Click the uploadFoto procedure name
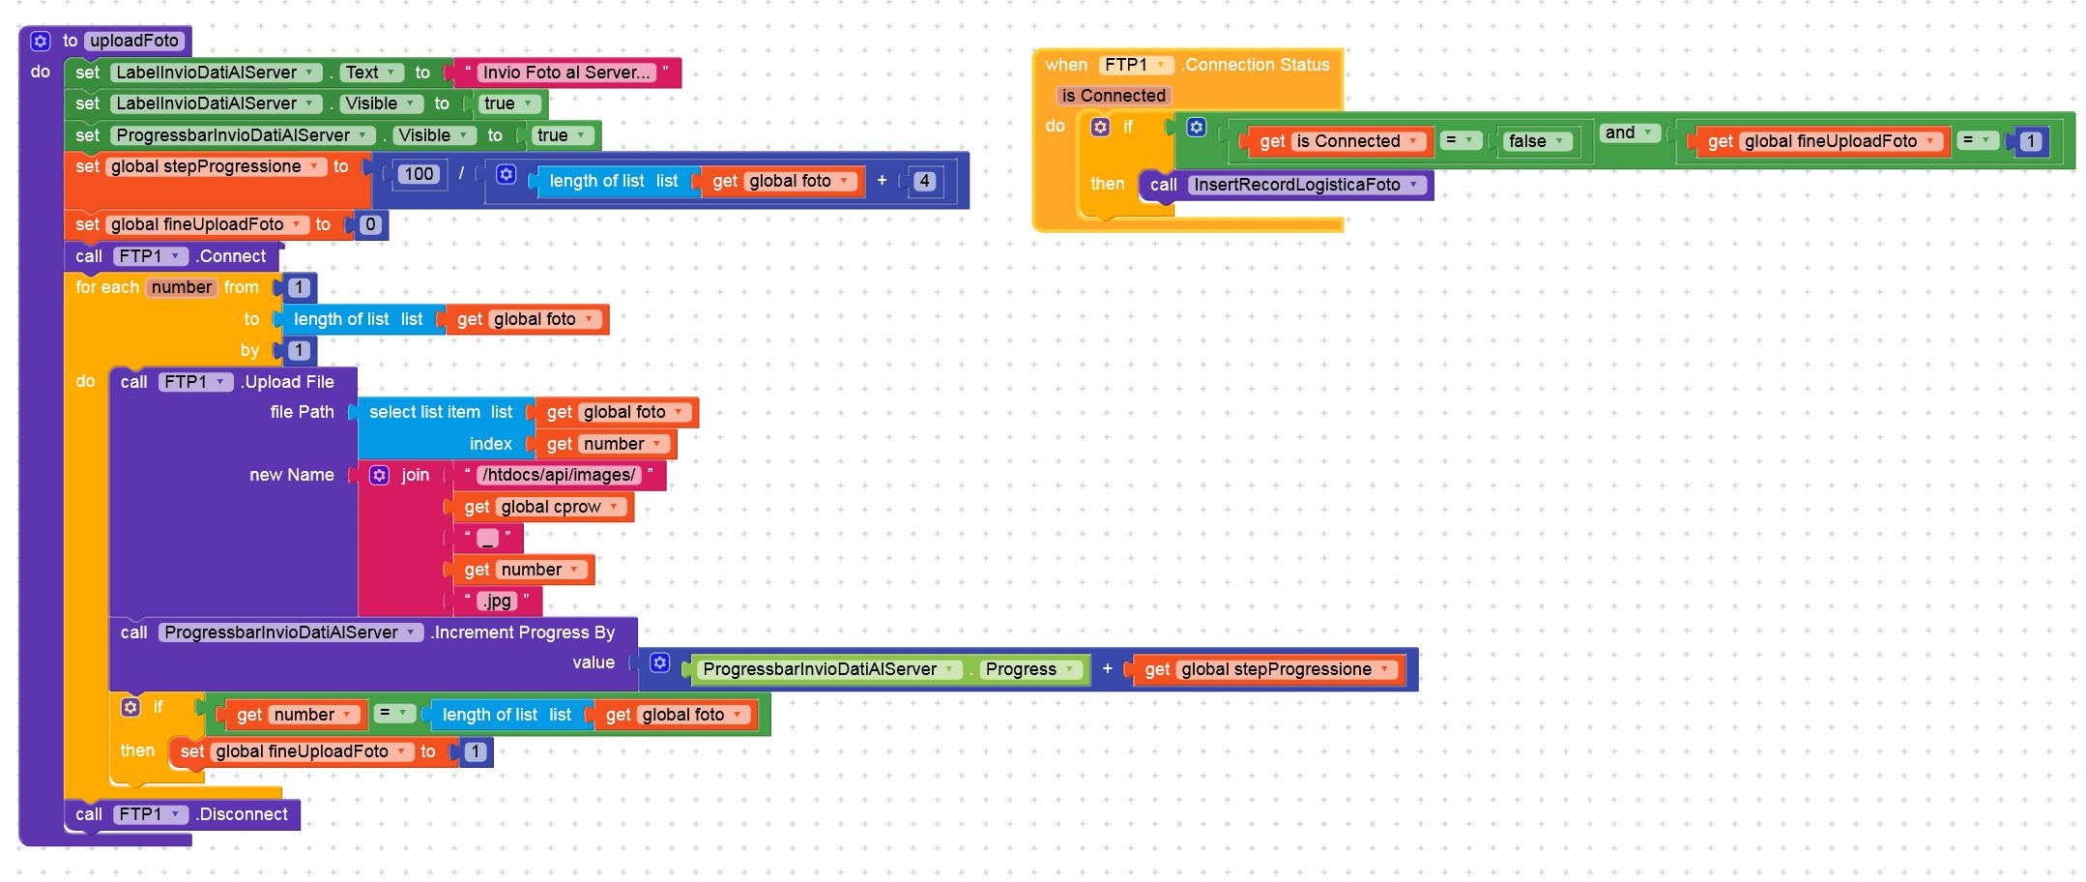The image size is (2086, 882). pyautogui.click(x=134, y=41)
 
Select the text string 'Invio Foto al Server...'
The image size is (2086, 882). pyautogui.click(x=566, y=73)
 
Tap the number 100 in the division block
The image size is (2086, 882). pyautogui.click(x=419, y=174)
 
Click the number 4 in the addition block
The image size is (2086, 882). pyautogui.click(x=924, y=181)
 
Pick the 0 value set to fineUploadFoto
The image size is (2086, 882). pyautogui.click(x=370, y=224)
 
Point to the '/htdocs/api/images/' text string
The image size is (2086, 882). pyautogui.click(x=559, y=475)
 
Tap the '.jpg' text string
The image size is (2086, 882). pyautogui.click(x=497, y=601)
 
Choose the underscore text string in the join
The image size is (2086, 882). pyautogui.click(x=487, y=539)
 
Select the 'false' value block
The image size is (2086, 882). pyautogui.click(x=1535, y=141)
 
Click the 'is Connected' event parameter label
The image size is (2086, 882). pyautogui.click(x=1114, y=96)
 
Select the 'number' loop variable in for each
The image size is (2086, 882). pyautogui.click(x=181, y=287)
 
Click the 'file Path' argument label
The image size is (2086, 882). pyautogui.click(x=302, y=412)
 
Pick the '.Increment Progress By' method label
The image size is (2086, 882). pyautogui.click(x=523, y=632)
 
